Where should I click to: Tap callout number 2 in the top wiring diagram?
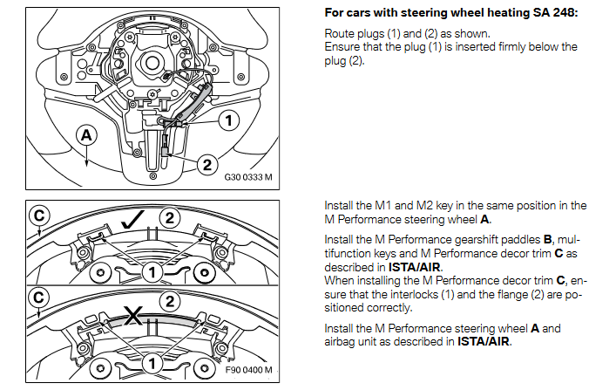(206, 162)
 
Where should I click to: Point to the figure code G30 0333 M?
(248, 177)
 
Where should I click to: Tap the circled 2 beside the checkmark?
(170, 216)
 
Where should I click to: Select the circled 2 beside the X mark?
(171, 301)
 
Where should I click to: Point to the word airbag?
(342, 341)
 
